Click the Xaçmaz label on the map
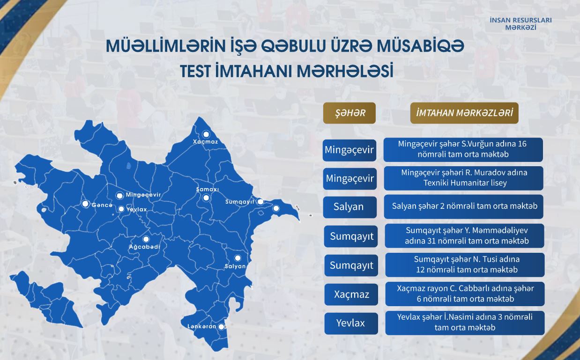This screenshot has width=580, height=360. (205, 141)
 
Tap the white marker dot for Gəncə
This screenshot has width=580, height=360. (85, 204)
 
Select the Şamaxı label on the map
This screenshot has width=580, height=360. (208, 189)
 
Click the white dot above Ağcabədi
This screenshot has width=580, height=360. (146, 239)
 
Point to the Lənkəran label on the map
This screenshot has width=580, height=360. (202, 326)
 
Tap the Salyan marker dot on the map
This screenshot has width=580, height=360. (238, 258)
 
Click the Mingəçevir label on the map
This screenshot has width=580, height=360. (143, 195)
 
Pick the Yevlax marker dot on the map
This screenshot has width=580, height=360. (121, 209)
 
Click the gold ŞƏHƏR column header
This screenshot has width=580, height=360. (349, 113)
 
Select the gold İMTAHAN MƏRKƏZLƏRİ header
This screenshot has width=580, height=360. (464, 113)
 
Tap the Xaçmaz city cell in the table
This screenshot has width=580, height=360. (351, 294)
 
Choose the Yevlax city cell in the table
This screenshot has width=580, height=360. (351, 323)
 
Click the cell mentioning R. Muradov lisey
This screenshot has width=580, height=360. (463, 178)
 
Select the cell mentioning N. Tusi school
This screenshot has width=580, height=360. (465, 265)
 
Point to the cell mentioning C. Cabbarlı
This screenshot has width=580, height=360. (465, 294)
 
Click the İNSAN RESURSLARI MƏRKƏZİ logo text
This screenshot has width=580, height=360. (521, 24)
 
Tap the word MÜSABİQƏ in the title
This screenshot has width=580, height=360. (421, 46)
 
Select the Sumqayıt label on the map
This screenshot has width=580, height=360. (240, 202)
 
